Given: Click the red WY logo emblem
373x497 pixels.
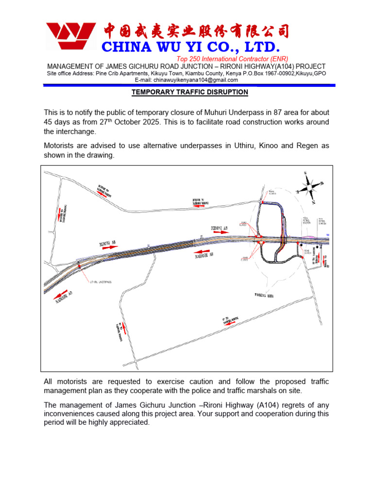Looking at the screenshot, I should click(x=71, y=37).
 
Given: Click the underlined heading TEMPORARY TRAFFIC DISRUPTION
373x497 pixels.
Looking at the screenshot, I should click(x=190, y=92).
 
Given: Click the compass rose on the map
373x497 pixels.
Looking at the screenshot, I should click(x=309, y=185).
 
